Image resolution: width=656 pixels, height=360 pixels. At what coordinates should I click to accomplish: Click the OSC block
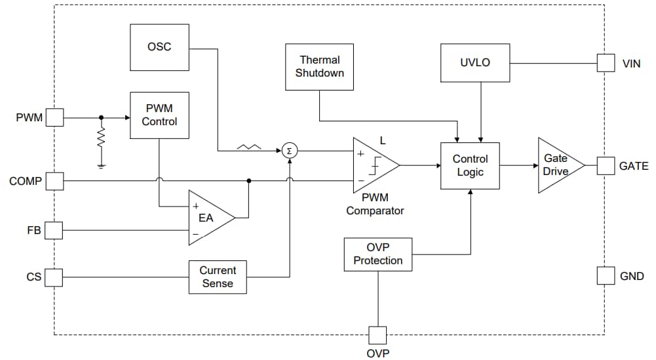pyautogui.click(x=160, y=47)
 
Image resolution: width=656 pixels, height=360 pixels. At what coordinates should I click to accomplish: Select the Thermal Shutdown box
pyautogui.click(x=319, y=67)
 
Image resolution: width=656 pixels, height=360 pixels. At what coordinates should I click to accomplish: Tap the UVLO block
pyautogui.click(x=475, y=63)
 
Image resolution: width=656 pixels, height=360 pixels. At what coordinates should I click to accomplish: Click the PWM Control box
pyautogui.click(x=159, y=115)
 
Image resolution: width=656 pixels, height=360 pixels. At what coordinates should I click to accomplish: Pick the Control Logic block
pyautogui.click(x=470, y=166)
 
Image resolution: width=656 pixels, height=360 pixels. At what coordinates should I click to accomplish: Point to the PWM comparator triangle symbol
pyautogui.click(x=373, y=166)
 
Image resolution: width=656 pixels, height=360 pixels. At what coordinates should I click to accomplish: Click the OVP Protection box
pyautogui.click(x=378, y=254)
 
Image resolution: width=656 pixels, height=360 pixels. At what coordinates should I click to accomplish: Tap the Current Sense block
pyautogui.click(x=218, y=277)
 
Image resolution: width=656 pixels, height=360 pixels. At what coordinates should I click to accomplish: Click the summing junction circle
pyautogui.click(x=289, y=151)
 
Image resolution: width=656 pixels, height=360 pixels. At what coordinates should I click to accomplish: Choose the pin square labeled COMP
pyautogui.click(x=54, y=181)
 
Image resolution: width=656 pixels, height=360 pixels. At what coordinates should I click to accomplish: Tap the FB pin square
pyautogui.click(x=54, y=230)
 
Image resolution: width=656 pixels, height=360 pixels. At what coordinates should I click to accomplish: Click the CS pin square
pyautogui.click(x=54, y=277)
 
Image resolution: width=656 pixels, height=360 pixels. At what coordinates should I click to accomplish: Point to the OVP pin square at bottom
pyautogui.click(x=377, y=335)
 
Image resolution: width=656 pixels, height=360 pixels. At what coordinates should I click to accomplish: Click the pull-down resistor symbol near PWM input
pyautogui.click(x=101, y=138)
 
